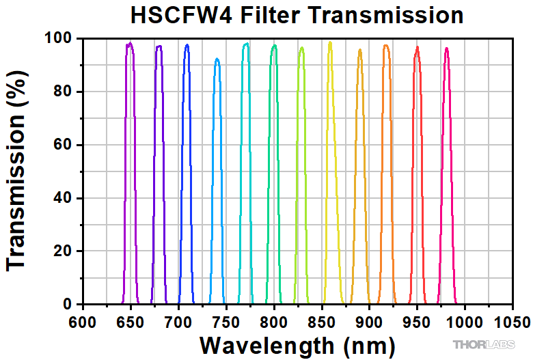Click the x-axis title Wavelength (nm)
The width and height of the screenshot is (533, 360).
pyautogui.click(x=297, y=343)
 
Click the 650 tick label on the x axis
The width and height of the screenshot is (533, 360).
pyautogui.click(x=131, y=320)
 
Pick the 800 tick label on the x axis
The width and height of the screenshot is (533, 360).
pyautogui.click(x=274, y=320)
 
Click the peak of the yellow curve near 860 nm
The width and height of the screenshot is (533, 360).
pyautogui.click(x=330, y=43)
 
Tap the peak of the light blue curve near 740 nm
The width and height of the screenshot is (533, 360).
pyautogui.click(x=217, y=59)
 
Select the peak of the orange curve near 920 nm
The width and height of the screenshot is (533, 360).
pyautogui.click(x=386, y=46)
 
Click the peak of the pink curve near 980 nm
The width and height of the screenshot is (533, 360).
pyautogui.click(x=446, y=49)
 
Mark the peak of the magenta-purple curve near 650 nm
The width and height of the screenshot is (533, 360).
pyautogui.click(x=129, y=44)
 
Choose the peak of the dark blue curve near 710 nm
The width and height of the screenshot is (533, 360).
pyautogui.click(x=187, y=45)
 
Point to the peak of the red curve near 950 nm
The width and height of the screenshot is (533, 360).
pyautogui.click(x=417, y=48)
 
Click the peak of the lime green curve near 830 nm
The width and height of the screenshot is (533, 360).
pyautogui.click(x=301, y=48)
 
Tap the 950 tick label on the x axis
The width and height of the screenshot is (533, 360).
pyautogui.click(x=417, y=320)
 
